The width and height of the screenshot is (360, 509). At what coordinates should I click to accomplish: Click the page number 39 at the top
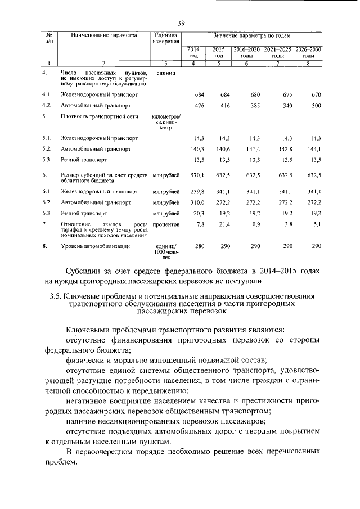(181, 23)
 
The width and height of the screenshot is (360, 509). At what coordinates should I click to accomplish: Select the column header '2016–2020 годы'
(246, 52)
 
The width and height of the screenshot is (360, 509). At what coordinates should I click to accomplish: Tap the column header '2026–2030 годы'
(308, 52)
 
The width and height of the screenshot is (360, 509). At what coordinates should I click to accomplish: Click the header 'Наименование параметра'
(104, 35)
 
